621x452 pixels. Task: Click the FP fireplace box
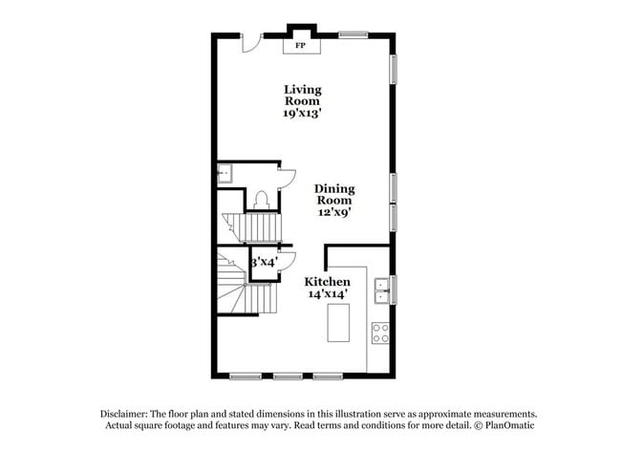click(x=300, y=45)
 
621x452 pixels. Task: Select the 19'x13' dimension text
click(x=302, y=113)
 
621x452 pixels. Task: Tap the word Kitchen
click(x=327, y=282)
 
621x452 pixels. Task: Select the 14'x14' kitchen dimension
click(x=327, y=295)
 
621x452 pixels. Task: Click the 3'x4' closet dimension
click(x=264, y=261)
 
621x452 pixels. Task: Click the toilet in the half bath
click(x=261, y=200)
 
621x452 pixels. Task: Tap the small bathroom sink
click(x=225, y=172)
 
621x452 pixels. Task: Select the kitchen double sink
click(x=381, y=284)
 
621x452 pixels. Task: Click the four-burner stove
click(x=380, y=333)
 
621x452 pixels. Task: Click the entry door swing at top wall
click(x=250, y=43)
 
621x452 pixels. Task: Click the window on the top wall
click(x=353, y=35)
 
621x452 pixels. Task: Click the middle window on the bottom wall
click(x=288, y=376)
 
